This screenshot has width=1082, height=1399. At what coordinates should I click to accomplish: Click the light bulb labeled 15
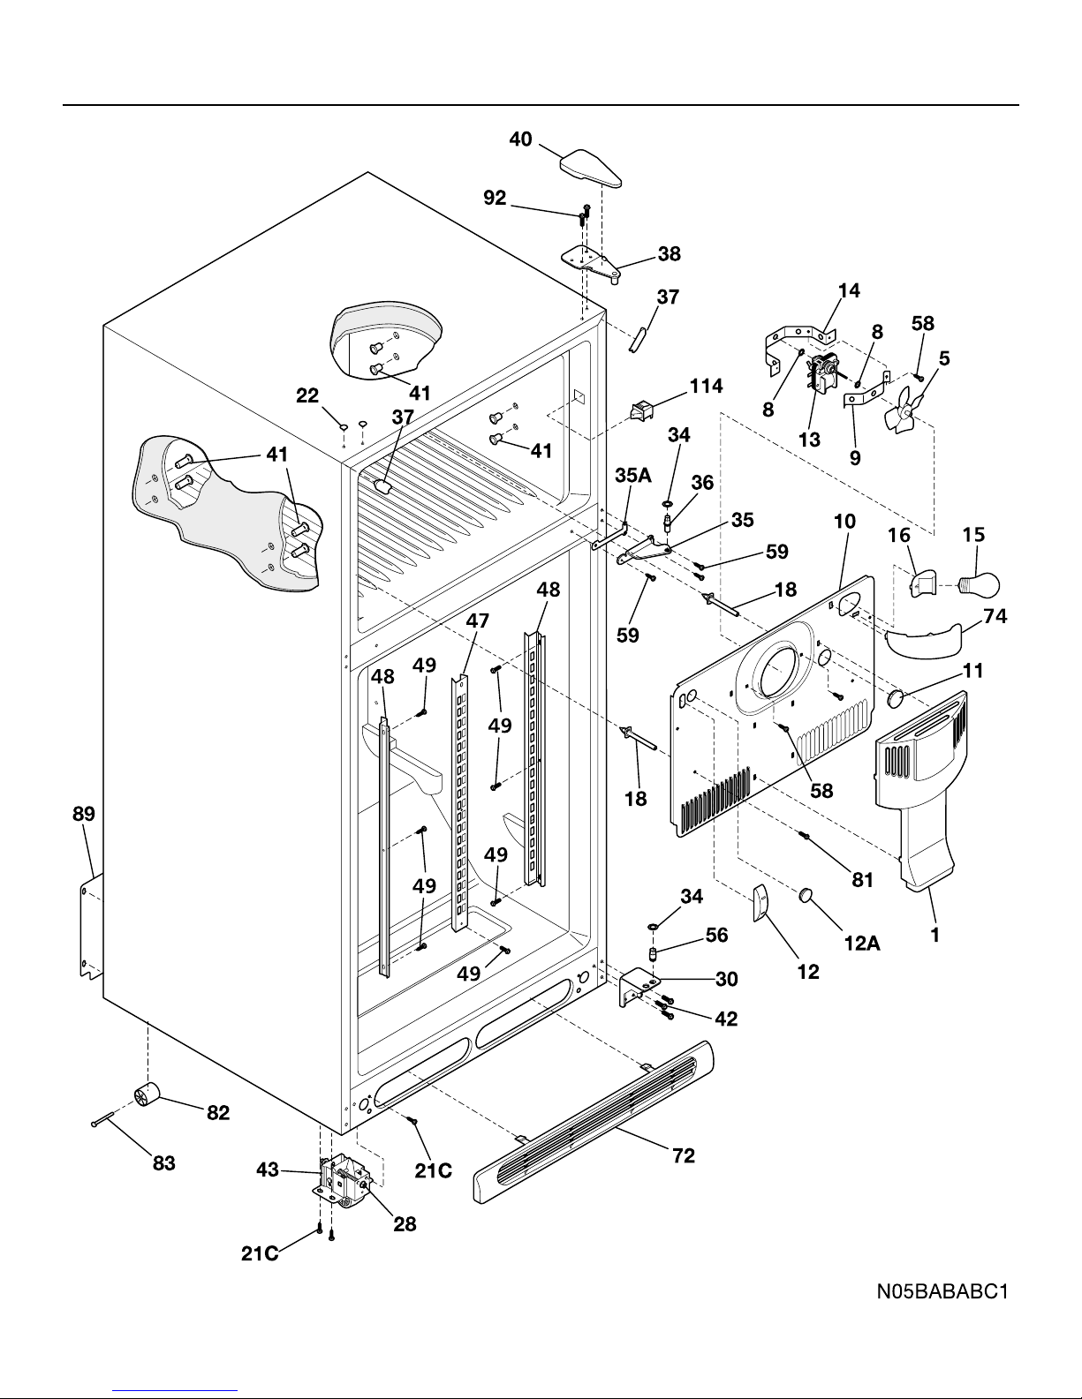coord(979,584)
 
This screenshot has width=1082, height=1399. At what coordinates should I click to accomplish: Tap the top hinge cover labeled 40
coord(591,168)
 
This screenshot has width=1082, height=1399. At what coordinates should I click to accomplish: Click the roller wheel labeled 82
coord(147,1094)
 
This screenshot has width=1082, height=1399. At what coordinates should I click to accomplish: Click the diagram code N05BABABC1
coord(942,1291)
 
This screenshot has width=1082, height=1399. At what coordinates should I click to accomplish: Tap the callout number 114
coord(706,387)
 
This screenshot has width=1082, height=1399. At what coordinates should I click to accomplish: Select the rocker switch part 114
coord(641,411)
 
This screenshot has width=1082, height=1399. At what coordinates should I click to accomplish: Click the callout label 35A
coord(633,475)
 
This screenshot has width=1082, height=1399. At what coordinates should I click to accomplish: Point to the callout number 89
coord(84,814)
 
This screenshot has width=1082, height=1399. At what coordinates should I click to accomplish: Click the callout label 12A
coord(862,944)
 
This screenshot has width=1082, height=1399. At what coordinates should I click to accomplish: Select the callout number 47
coord(478,621)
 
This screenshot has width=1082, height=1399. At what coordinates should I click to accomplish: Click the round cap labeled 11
coord(896,698)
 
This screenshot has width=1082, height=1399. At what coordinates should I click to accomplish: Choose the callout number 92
coord(495,198)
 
